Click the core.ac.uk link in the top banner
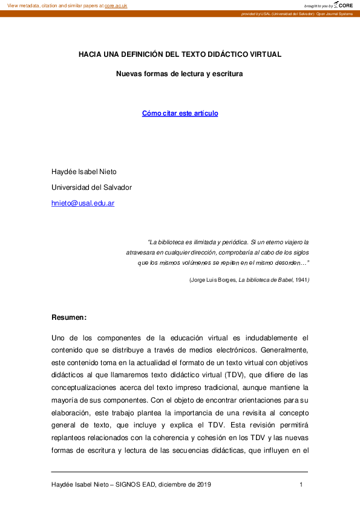(x=116, y=5)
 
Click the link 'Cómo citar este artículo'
(x=180, y=114)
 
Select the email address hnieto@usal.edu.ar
(x=83, y=204)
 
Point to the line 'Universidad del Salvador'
(x=91, y=187)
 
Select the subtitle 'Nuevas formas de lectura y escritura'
(x=180, y=75)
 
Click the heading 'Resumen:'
(x=69, y=317)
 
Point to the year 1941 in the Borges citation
(x=301, y=280)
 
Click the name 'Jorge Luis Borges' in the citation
(x=213, y=280)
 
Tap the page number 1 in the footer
(x=301, y=485)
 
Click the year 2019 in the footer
(x=203, y=485)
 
